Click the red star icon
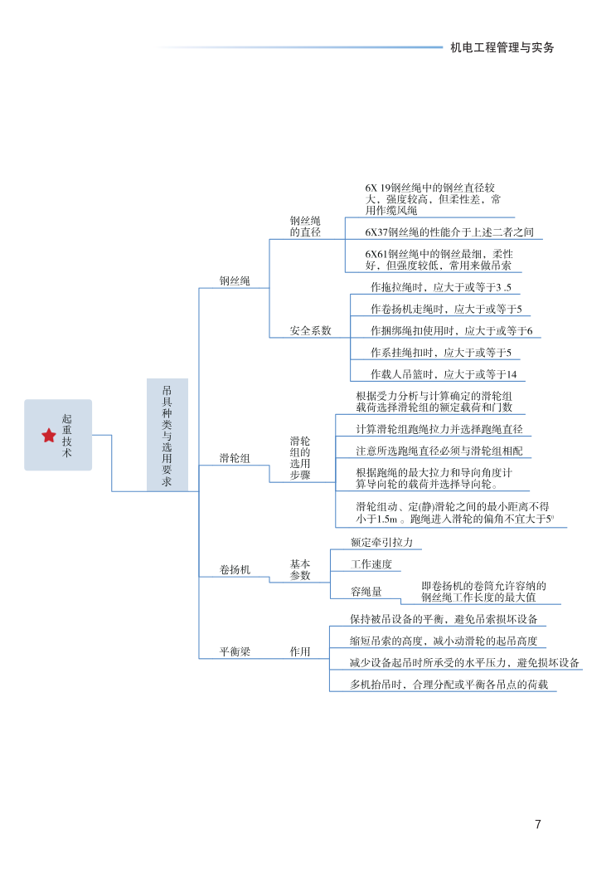[49, 435]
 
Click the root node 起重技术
[67, 436]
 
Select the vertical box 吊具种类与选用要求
[167, 435]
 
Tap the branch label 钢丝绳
[234, 281]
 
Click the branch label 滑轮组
[234, 458]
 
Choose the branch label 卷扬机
[234, 570]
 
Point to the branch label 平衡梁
[234, 652]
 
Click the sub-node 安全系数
[310, 330]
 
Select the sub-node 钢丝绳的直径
[305, 227]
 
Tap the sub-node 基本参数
[300, 569]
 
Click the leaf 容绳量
[366, 592]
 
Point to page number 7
[538, 824]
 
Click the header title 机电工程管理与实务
[502, 47]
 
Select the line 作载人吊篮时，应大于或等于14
[444, 374]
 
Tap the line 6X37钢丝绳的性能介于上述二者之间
[449, 232]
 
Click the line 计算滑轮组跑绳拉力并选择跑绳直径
[439, 429]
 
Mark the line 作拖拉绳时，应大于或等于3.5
[441, 288]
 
